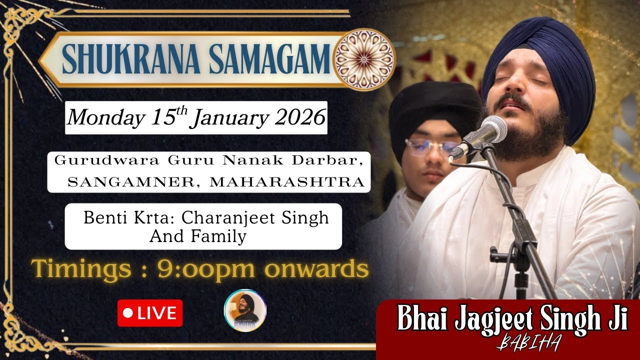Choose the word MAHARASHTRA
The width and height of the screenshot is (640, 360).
(x=287, y=182)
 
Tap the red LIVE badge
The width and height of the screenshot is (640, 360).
(x=150, y=313)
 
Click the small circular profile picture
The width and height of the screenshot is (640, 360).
(x=245, y=310)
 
